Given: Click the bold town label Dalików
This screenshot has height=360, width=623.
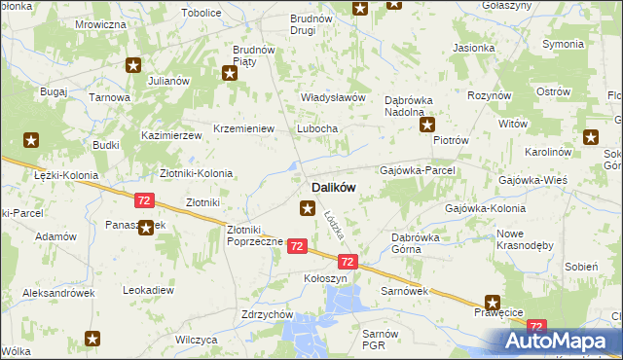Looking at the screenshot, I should coord(333,187).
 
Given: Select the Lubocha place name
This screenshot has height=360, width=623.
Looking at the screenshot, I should coord(317,129).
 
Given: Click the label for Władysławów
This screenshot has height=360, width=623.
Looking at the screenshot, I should coord(332,98).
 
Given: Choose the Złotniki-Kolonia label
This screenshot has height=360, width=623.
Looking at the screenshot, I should coord(196,173).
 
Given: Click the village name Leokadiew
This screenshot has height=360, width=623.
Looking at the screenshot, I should coord(148,290).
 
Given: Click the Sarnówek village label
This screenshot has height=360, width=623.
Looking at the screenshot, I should coord(405,291).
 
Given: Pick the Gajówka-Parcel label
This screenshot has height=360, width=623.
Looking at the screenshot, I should coord(423,169).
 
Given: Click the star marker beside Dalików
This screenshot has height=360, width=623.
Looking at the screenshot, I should coord(308,207).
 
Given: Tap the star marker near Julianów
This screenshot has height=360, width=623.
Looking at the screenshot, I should coord(133,65).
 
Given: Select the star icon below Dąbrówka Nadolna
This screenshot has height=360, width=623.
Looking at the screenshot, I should coord(427,125).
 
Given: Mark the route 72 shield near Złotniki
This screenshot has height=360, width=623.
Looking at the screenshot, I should coord(144,200).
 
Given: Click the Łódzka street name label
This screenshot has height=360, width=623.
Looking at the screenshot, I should coord(337,226).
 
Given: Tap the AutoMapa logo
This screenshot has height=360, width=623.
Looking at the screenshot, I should coord(562,342).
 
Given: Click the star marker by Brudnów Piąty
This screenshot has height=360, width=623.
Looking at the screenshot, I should coord(230,72).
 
